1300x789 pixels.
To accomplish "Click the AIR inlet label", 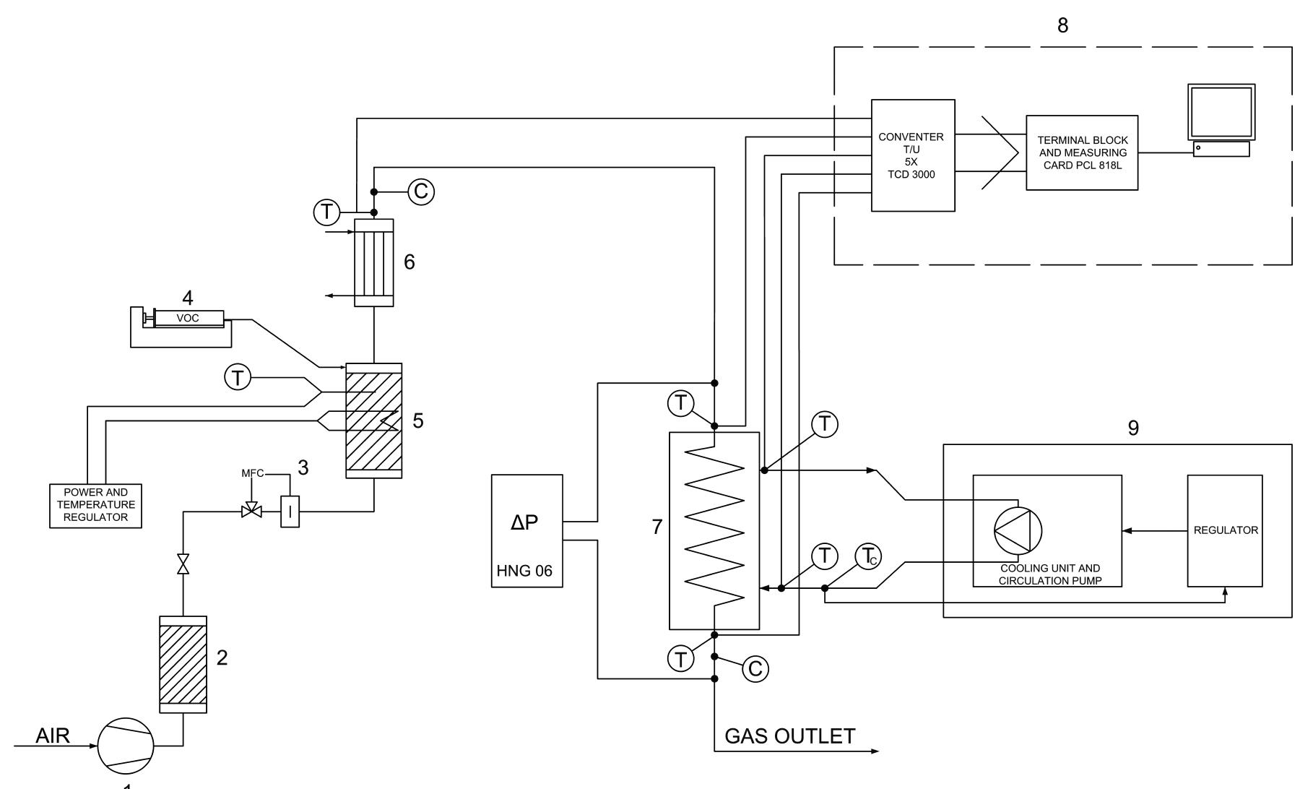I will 53,736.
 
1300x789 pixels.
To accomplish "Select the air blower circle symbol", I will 126,746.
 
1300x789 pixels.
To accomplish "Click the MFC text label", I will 252,473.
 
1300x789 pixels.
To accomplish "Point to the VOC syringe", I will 187,318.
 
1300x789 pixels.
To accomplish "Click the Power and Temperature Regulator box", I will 95,505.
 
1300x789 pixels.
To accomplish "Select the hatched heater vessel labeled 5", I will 373,421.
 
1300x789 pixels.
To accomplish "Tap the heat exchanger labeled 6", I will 373,262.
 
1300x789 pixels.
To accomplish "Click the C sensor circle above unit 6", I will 422,191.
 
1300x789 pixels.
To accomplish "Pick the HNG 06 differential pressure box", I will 526,530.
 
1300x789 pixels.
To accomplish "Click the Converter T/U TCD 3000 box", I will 912,155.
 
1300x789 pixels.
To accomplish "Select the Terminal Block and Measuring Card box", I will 1081,152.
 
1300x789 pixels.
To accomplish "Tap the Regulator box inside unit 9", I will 1225,530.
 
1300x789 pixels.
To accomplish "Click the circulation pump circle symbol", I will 1018,530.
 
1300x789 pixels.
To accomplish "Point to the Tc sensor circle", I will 868,556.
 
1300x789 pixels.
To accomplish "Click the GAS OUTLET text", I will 789,736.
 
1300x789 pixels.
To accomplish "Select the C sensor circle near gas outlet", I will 755,669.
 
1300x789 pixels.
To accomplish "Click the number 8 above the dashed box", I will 1062,25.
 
